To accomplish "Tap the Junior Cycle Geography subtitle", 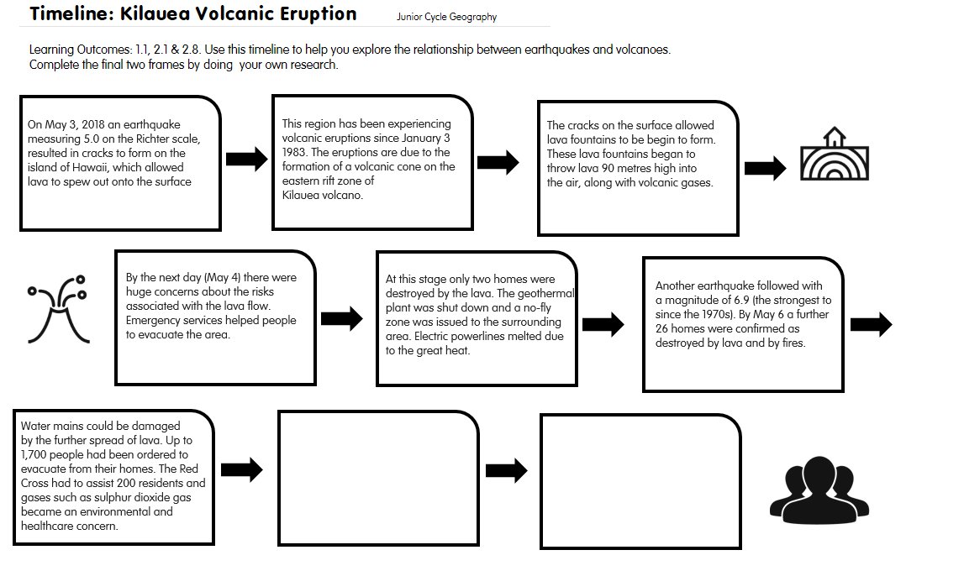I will tap(447, 17).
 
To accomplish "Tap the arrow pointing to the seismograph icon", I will tap(765, 168).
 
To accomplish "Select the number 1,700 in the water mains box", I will tap(36, 453).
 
